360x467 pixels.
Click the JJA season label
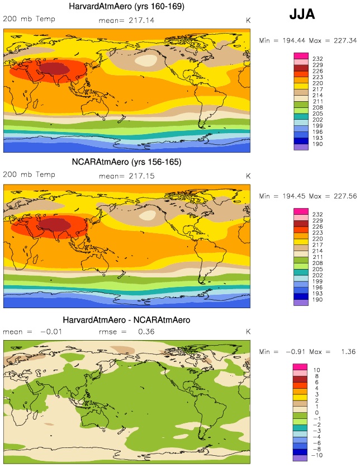[302, 14]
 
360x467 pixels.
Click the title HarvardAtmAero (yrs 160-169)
[126, 6]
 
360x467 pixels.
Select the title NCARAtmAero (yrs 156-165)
[126, 162]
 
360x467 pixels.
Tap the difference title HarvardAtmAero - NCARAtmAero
[126, 320]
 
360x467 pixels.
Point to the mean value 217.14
[141, 20]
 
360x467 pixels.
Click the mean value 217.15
[141, 176]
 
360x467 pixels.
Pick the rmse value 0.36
[146, 332]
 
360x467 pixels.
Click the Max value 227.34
[345, 40]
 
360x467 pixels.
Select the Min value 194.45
[294, 196]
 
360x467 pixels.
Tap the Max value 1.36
[348, 352]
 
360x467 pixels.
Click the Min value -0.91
[296, 352]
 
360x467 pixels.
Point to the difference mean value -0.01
[51, 332]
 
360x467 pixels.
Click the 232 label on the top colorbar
[318, 59]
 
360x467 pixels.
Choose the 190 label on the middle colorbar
[318, 300]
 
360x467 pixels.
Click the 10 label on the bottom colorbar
[316, 370]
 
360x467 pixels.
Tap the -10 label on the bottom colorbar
[317, 455]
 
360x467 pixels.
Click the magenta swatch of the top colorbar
[301, 56]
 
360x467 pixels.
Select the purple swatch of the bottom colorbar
[300, 458]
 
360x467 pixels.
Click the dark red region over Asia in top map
[54, 68]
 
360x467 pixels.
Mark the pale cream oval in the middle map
[150, 215]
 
